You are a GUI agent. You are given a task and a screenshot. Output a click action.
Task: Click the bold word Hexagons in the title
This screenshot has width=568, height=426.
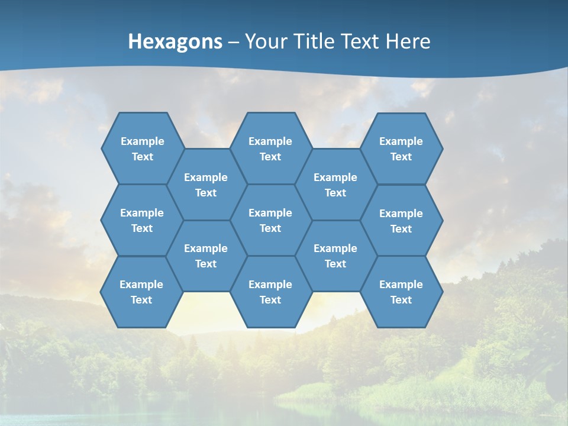[175, 41]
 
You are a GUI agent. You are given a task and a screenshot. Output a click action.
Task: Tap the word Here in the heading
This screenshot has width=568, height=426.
[408, 41]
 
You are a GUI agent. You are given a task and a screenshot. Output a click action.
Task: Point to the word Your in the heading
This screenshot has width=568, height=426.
[266, 41]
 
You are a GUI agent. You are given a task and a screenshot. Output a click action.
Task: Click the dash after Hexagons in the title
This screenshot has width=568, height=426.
[233, 42]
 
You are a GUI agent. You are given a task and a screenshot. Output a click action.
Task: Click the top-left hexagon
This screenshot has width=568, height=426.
[142, 149]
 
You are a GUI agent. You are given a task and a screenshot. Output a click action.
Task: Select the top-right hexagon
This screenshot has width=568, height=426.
[401, 149]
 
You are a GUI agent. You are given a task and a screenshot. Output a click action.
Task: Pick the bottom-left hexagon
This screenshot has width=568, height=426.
[141, 292]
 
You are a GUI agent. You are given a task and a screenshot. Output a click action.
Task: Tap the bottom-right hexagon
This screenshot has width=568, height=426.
[401, 292]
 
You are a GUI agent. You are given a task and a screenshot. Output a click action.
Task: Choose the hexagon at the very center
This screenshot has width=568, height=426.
[270, 220]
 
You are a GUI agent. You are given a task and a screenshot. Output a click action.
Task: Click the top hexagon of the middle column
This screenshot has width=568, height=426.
[270, 149]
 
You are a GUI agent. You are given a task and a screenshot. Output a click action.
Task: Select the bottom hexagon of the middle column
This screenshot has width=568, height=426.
[270, 292]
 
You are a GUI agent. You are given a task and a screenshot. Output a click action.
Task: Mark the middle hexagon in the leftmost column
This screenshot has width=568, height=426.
[141, 220]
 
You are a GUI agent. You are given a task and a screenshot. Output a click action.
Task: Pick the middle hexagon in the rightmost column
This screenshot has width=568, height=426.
[401, 221]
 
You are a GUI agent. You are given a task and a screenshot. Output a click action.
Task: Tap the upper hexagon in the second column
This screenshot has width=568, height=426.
[206, 185]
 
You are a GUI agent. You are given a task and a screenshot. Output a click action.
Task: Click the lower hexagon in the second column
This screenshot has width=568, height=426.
[206, 256]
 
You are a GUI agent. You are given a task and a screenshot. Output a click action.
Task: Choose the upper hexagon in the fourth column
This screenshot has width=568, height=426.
[335, 185]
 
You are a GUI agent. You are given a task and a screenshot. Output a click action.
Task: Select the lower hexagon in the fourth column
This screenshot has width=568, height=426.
[335, 256]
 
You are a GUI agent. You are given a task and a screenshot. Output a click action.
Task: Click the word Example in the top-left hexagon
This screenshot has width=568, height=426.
[142, 141]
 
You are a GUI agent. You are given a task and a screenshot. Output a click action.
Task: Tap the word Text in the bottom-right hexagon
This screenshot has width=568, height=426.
[401, 300]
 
